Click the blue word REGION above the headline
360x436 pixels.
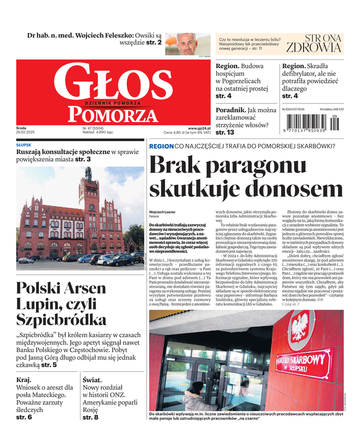(x=161, y=146)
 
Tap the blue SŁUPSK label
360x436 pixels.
(x=24, y=146)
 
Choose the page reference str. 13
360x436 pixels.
(x=225, y=132)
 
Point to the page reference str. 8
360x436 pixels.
(x=90, y=417)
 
